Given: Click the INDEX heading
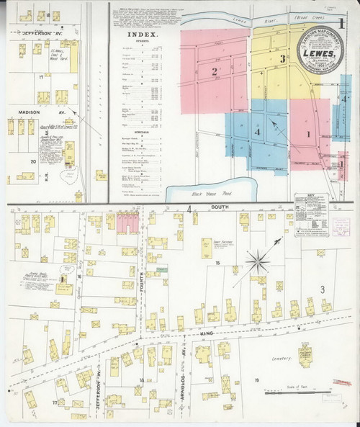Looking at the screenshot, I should (x=140, y=34).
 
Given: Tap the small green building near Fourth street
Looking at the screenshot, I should (x=162, y=269).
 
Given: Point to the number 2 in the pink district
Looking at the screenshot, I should (x=214, y=71).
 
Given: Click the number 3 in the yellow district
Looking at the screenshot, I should (x=283, y=59).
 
